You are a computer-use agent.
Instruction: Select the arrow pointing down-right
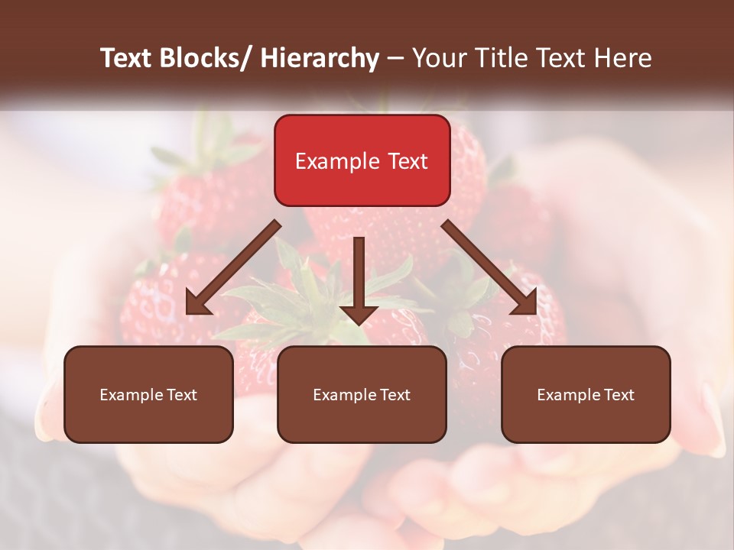click(x=490, y=268)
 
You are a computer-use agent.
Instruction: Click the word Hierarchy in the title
click(x=320, y=59)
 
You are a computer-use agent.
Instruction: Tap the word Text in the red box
click(x=408, y=162)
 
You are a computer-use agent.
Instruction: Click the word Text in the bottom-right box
click(x=619, y=395)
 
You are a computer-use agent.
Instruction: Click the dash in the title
click(x=395, y=59)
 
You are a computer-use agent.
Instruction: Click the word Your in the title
click(x=438, y=59)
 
